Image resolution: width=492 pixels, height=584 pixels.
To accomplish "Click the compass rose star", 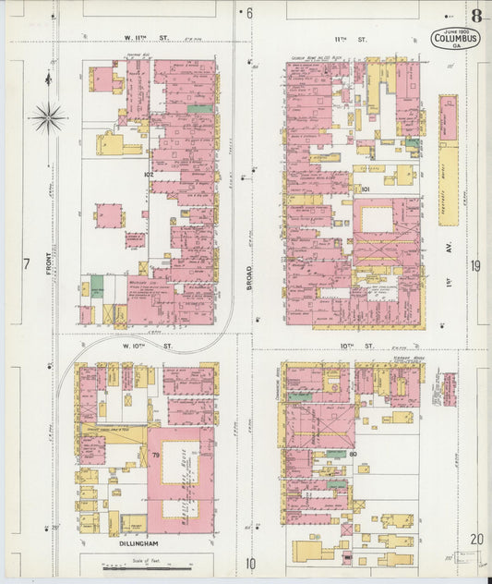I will [x=47, y=117].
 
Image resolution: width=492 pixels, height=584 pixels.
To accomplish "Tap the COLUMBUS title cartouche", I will [x=453, y=41].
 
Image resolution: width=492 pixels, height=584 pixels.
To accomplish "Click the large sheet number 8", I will [x=476, y=16].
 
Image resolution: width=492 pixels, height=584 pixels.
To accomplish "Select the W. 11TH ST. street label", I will [x=149, y=39].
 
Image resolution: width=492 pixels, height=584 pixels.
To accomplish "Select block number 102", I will [x=148, y=173].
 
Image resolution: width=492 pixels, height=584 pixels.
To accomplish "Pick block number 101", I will [x=366, y=189].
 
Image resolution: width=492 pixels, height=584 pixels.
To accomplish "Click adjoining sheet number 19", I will [x=475, y=265].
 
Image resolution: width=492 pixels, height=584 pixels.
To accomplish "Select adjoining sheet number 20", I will [x=475, y=539].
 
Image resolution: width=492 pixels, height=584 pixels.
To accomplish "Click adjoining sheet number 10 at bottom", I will [x=249, y=563].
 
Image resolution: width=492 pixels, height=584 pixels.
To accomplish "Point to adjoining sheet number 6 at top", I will [x=248, y=13].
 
